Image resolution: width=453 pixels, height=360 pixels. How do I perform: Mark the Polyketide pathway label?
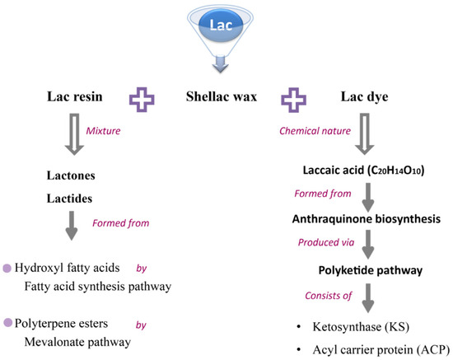tap(360, 269)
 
